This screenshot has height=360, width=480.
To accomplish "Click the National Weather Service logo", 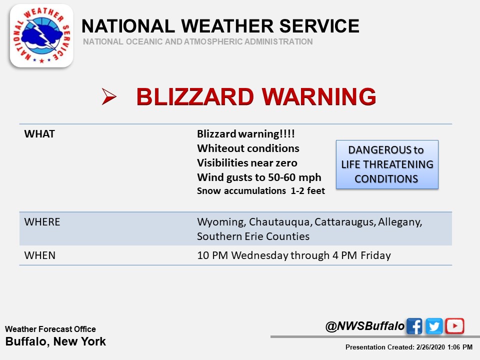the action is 41,36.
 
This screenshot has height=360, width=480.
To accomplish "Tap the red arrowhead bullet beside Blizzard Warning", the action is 109,96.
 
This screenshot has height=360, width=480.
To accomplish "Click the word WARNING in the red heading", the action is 319,96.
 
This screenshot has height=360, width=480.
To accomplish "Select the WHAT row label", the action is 39,134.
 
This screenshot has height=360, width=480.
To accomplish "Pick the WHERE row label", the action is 42,222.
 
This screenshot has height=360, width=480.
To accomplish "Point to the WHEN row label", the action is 40,255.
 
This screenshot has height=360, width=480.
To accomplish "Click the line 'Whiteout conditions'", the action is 248,148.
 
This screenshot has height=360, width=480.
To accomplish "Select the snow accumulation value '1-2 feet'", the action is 307,190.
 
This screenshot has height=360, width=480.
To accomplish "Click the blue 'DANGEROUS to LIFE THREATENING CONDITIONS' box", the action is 387,164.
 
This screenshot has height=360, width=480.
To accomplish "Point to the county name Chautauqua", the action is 280,222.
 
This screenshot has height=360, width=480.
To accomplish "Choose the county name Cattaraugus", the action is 345,222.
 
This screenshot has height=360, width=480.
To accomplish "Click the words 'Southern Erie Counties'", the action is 253,236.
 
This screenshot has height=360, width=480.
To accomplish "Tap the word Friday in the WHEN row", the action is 375,255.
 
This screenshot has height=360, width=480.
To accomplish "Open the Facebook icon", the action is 414,326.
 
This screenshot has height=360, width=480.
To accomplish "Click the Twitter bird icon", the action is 434,326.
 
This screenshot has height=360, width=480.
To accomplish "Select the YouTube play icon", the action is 454,326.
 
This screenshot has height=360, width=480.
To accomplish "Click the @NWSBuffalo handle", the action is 365,326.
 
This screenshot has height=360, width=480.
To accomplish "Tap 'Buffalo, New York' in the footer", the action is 55,341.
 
